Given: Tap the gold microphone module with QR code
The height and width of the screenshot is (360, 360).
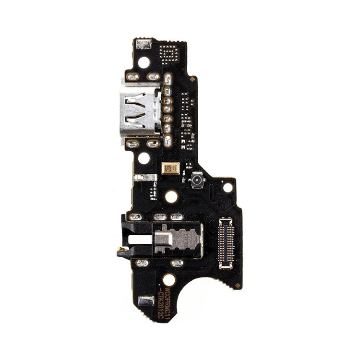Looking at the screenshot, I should pos(171,168).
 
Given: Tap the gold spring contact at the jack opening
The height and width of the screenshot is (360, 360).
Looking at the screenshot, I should pos(121,250).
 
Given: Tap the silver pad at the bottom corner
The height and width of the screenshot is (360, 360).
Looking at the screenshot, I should pos(144,301).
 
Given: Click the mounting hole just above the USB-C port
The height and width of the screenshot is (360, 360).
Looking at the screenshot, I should pos(144,62).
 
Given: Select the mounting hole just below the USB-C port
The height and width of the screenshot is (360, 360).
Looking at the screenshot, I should pos(144,157).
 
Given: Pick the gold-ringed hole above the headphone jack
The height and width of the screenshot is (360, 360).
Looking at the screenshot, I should pos(171,196).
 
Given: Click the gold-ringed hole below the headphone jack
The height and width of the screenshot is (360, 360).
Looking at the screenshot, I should pos(168,279).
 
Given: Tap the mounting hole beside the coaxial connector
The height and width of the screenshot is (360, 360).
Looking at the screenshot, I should pos(228,187).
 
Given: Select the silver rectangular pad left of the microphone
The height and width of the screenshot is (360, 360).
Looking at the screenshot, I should pos(145,177).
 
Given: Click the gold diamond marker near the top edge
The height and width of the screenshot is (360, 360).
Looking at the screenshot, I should pos(192,79).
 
